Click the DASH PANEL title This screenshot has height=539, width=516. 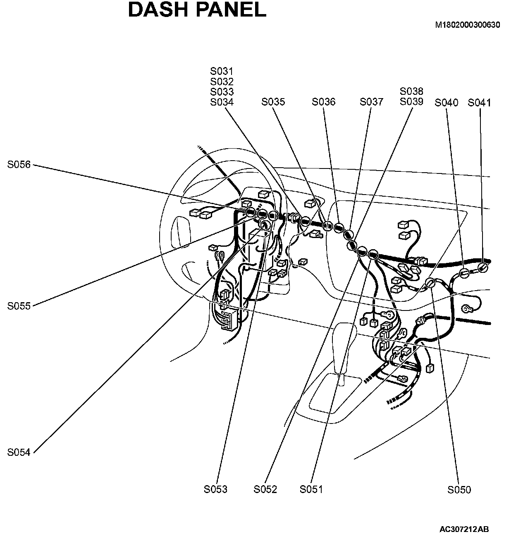[x=197, y=10]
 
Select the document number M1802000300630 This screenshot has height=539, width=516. [x=467, y=25]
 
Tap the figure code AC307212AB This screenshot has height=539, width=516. [x=464, y=529]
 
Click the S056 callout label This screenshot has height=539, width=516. [x=19, y=165]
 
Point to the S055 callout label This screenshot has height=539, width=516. [x=19, y=306]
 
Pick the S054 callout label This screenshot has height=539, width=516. [x=19, y=452]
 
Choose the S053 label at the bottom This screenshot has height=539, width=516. [x=215, y=489]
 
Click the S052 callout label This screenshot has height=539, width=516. [x=265, y=489]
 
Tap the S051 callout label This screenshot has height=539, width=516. [x=311, y=489]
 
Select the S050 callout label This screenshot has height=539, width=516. [x=459, y=490]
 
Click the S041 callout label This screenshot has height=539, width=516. [x=479, y=103]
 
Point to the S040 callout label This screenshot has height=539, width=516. [x=447, y=103]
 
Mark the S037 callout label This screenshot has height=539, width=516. [x=371, y=102]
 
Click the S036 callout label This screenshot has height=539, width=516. [x=324, y=102]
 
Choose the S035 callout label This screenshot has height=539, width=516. [x=273, y=102]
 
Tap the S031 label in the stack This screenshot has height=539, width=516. [x=222, y=71]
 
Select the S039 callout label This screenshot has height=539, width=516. [x=411, y=102]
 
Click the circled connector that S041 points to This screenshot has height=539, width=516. [x=482, y=267]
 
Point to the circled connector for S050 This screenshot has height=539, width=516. [x=430, y=283]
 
